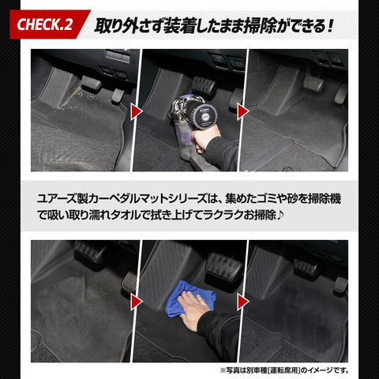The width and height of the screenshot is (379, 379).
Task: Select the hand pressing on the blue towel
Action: coord(194,310)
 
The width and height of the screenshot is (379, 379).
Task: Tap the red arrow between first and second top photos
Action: coord(137,111)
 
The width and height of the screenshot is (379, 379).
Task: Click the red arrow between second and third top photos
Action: coord(243,111)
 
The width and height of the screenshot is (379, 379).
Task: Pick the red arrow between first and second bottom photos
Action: coord(137,302)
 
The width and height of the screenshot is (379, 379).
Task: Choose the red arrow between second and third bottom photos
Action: coord(243,302)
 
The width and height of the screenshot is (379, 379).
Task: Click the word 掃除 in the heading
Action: coord(260,26)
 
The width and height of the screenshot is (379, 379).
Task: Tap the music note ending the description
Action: coord(280,215)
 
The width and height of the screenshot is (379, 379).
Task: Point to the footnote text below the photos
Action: coord(285,370)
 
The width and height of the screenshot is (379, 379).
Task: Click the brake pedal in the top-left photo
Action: coord(91,83)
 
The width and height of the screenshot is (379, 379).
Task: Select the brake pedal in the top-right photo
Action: coord(313,84)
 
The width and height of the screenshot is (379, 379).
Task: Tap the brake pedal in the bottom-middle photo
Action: coord(224,266)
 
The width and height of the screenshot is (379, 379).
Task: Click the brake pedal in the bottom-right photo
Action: coord(306,268)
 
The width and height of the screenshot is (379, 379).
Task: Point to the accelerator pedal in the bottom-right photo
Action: coord(340,285)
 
